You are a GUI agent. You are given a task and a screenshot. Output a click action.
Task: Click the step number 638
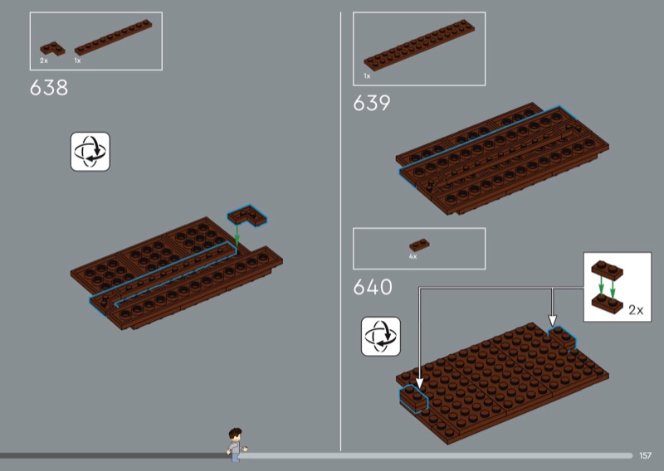tap(49, 88)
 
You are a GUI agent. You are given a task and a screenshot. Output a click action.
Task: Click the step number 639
tap(371, 103)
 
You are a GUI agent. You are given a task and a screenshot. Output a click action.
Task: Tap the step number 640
tap(373, 287)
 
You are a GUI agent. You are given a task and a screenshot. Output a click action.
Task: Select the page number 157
tap(646, 455)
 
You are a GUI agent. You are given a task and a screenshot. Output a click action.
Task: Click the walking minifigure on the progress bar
tap(237, 445)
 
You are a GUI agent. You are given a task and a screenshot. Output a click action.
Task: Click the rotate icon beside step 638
tap(90, 152)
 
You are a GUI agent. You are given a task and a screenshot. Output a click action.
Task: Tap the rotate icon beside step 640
tap(381, 337)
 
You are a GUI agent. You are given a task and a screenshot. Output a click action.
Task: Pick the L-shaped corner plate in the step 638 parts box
tap(52, 49)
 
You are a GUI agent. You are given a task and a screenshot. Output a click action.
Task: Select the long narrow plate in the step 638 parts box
tap(114, 37)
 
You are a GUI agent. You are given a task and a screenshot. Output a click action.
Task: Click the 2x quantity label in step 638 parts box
tap(44, 61)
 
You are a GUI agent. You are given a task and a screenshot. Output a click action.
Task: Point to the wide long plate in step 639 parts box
tap(419, 45)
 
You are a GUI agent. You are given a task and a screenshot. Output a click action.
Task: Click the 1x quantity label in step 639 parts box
tap(367, 76)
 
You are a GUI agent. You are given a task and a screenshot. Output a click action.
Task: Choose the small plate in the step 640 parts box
tap(419, 245)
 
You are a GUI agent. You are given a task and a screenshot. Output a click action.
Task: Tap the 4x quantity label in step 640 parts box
tap(413, 256)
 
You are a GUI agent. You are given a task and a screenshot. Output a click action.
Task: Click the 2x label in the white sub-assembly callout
tap(636, 310)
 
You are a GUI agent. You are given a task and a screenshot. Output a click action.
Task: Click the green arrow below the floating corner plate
tap(237, 235)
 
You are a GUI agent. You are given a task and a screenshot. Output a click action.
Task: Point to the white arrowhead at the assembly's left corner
tap(419, 383)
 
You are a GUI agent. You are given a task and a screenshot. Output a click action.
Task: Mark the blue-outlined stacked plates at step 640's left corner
tap(413, 398)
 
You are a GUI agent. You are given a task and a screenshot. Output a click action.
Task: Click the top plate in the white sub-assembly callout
tap(608, 270)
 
